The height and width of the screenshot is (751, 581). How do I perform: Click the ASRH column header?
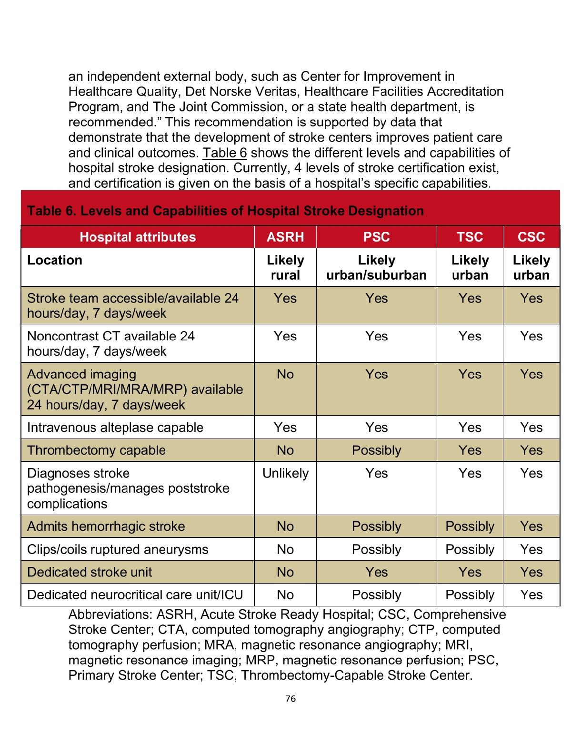[x=285, y=237]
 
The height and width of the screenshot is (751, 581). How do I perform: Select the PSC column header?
[x=376, y=237]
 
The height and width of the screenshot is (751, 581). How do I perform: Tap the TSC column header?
[x=470, y=237]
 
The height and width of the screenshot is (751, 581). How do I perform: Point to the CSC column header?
[x=531, y=237]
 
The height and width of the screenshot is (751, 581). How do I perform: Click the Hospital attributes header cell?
[x=138, y=237]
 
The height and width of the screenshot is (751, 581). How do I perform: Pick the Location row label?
[x=55, y=260]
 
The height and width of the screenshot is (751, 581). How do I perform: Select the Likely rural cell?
[x=285, y=267]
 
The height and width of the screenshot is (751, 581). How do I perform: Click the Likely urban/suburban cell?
[x=376, y=267]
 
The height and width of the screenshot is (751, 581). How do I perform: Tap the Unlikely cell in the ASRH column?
[x=285, y=473]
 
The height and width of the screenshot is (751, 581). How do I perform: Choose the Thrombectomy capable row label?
[x=96, y=450]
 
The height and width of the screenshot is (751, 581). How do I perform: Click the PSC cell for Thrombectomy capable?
[x=376, y=450]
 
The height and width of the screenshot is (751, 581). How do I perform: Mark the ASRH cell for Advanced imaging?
[x=285, y=374]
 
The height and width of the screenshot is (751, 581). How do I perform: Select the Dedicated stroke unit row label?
[x=90, y=572]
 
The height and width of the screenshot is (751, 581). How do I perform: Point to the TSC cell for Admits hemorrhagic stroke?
[x=470, y=527]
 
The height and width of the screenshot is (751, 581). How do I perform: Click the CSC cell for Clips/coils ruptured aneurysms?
[x=531, y=549]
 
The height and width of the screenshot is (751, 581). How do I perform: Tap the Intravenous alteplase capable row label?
[x=115, y=428]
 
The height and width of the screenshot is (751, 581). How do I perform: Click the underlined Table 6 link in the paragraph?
[x=225, y=153]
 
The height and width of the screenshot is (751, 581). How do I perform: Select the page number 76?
[x=290, y=699]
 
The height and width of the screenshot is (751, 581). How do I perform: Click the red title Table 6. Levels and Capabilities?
[x=225, y=211]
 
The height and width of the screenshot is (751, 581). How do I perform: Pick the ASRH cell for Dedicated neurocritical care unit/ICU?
[x=285, y=595]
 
